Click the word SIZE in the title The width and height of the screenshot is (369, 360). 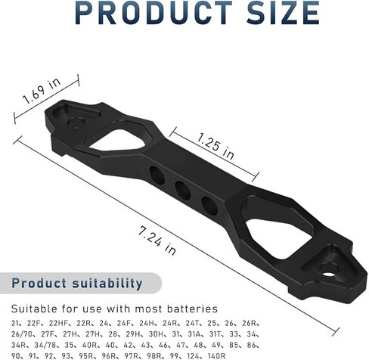coord(283,12)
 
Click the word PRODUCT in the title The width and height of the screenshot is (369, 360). coord(153,12)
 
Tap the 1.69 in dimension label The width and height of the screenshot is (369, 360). coord(42,91)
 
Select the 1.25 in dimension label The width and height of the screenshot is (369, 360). coord(216,147)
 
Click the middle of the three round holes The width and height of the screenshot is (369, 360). coord(183,191)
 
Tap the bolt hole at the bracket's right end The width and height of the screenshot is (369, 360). coord(327,274)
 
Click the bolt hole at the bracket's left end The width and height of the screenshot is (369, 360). coord(75,124)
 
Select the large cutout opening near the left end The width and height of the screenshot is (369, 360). coord(117,140)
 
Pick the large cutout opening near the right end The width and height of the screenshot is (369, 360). coord(279,238)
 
